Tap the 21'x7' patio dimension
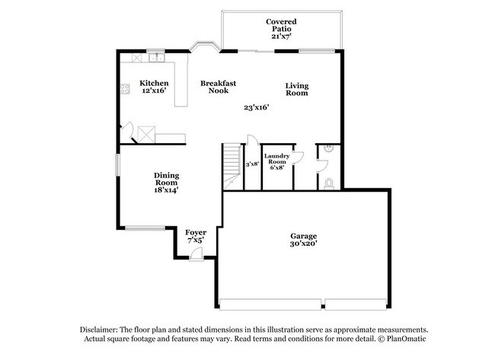(281, 36)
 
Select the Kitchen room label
(153, 82)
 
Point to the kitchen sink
(156, 57)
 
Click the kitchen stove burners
(124, 91)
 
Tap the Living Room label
(296, 89)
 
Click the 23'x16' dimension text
(257, 107)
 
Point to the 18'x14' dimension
(166, 191)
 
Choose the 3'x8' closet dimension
(252, 164)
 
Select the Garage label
(303, 236)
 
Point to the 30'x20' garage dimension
(303, 245)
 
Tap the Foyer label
(196, 231)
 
